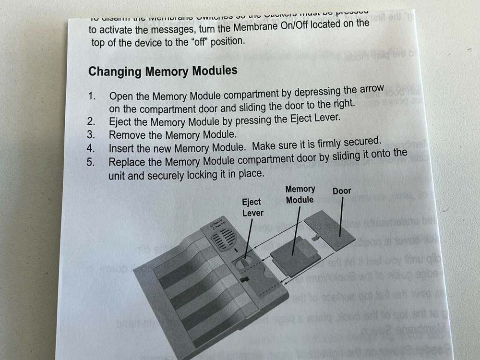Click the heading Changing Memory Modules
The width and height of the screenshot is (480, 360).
[163, 72]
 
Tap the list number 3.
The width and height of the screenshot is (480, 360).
[91, 135]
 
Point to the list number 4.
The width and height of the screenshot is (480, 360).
[91, 149]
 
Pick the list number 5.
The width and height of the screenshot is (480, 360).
[90, 162]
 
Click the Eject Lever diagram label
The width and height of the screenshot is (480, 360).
[252, 207]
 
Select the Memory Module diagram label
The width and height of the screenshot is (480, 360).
[300, 194]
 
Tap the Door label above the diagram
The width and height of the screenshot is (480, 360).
[342, 191]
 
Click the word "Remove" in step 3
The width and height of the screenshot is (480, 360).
[126, 135]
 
